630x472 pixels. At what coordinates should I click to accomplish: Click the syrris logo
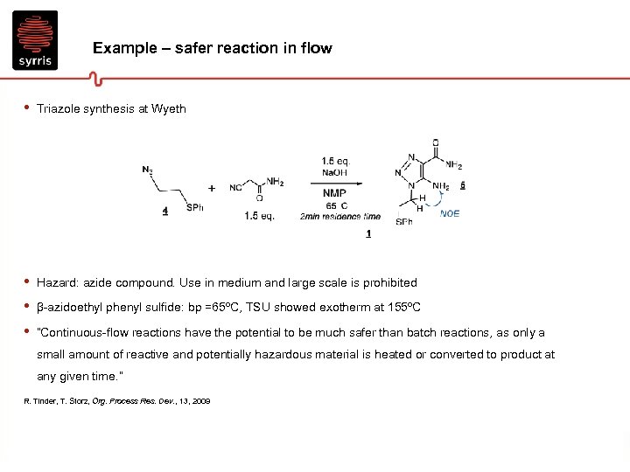click(x=35, y=39)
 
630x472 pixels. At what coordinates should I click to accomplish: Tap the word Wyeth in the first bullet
click(x=169, y=109)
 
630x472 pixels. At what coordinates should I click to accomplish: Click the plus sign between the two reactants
click(x=212, y=188)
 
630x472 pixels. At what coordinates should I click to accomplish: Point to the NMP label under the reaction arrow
click(x=334, y=193)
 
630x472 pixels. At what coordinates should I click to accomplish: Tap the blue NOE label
click(x=449, y=213)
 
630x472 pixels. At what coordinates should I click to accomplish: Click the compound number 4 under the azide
click(x=165, y=211)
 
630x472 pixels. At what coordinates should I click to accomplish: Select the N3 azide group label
click(x=147, y=170)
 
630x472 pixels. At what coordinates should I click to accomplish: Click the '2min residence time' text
click(x=339, y=217)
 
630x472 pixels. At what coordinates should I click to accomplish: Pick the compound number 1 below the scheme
click(x=368, y=233)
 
